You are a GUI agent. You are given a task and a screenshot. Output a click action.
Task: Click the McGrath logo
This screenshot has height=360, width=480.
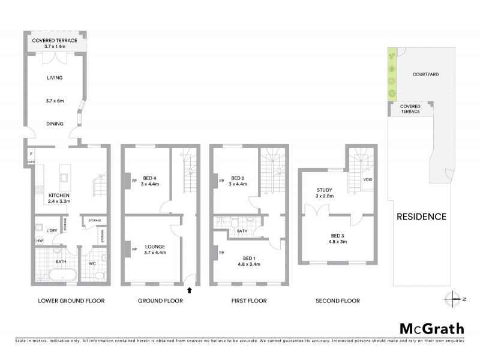[431, 328]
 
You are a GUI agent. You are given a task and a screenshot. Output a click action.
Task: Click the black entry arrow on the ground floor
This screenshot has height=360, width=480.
[190, 290]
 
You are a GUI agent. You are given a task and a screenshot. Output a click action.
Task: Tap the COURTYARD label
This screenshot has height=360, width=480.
[425, 74]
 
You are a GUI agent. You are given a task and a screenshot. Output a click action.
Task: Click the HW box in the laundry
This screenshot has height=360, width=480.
[40, 241]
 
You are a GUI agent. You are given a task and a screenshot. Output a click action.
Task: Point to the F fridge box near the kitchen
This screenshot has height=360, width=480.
[30, 154]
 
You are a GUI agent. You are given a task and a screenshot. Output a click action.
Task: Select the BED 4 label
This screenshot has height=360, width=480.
[150, 178]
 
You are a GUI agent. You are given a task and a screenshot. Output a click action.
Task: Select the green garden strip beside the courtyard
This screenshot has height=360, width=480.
[392, 74]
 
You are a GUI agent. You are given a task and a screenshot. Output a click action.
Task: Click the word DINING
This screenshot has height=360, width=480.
[55, 125]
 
